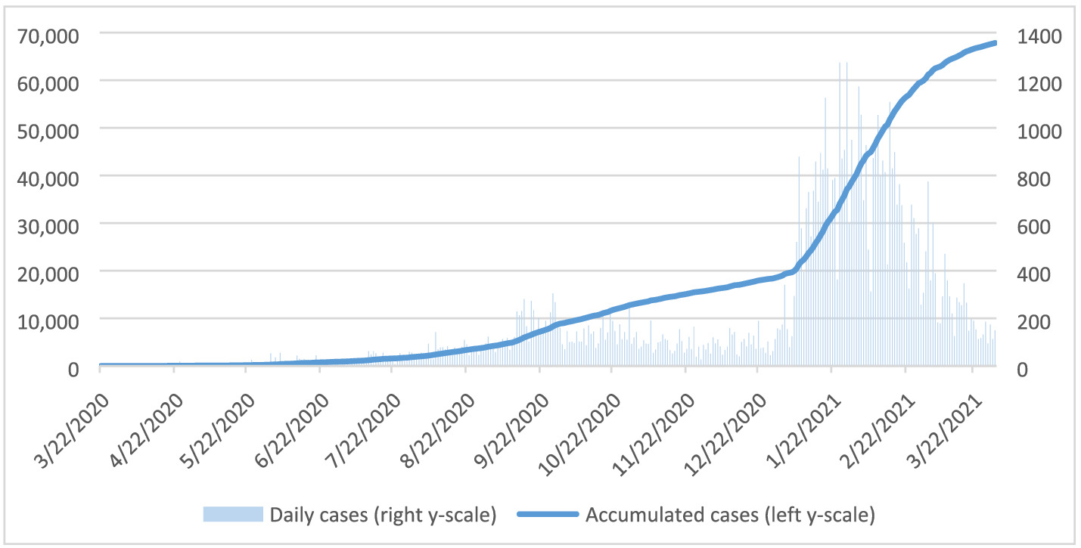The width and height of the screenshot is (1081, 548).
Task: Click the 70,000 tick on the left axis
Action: tap(52, 35)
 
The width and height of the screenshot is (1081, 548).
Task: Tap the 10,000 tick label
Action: tap(52, 321)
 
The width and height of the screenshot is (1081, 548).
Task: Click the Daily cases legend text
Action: tap(382, 515)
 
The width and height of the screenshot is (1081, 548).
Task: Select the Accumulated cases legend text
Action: tap(730, 515)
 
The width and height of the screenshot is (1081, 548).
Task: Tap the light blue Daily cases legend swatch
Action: tap(232, 515)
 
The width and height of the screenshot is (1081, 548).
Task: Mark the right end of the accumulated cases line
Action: tap(995, 43)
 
